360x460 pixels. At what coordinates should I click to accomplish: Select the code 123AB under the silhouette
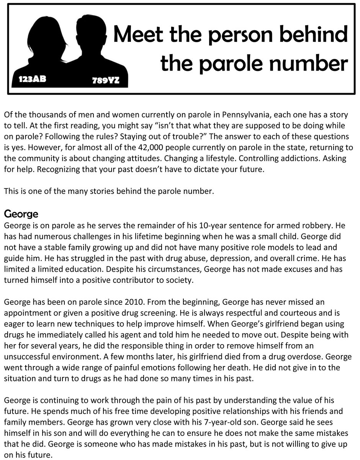pos(32,80)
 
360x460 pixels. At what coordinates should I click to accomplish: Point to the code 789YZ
pos(106,80)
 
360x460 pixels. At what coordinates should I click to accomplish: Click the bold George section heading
pos(21,213)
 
